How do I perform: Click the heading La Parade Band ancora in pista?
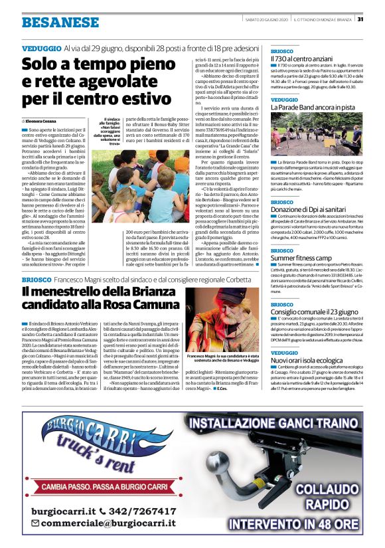pos(309,107)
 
